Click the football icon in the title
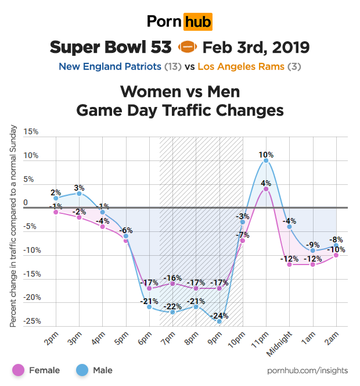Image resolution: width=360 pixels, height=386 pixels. pos(188,47)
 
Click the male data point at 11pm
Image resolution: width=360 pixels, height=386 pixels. pos(266,160)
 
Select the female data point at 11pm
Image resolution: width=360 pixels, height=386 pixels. pos(266,189)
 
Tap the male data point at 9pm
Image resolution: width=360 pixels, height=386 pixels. pos(219,321)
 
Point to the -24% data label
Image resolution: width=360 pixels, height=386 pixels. pos(219,316)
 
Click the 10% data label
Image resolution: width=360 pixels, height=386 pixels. pos(266,155)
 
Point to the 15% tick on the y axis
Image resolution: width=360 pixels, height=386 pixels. pos(31,132)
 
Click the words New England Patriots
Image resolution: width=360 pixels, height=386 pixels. pos(110,66)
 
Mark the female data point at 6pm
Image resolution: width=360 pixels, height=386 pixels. pos(149,288)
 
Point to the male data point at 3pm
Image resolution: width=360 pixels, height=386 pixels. pos(79,194)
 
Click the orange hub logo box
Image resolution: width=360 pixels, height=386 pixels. pos(197,22)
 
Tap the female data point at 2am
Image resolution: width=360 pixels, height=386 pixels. pos(336,255)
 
